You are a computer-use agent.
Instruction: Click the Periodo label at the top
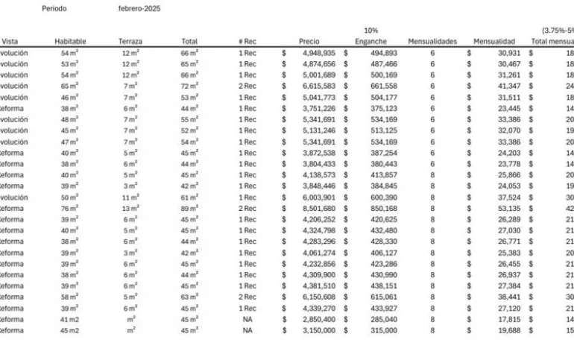(x=54, y=9)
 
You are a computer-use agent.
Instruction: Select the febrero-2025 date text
(x=139, y=9)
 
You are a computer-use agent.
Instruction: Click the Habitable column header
(x=70, y=42)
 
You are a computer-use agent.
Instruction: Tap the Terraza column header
(x=130, y=42)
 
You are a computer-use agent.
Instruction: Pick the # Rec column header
(x=247, y=42)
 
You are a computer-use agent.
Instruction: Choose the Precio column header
(x=309, y=42)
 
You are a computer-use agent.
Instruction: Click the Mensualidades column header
(x=432, y=42)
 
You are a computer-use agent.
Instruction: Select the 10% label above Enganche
(x=370, y=31)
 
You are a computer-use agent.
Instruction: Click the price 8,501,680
(x=319, y=209)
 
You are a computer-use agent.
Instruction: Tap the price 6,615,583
(x=319, y=86)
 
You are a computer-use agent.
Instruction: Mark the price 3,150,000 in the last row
(x=319, y=330)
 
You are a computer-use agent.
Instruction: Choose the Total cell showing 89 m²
(x=189, y=209)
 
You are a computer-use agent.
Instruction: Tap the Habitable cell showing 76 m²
(x=70, y=209)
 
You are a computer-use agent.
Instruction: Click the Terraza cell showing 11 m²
(x=130, y=198)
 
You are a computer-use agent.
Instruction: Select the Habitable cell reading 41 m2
(x=69, y=319)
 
